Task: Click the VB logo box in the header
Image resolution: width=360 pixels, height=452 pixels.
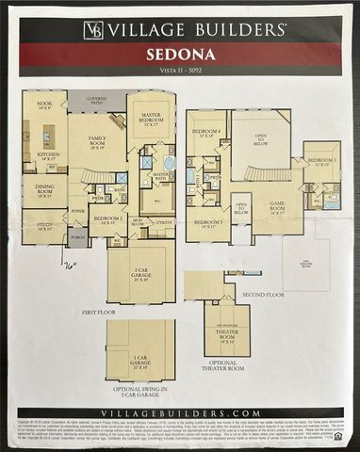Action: point(93,31)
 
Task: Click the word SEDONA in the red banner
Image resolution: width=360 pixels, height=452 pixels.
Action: point(179,55)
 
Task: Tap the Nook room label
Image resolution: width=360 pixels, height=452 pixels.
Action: point(43,105)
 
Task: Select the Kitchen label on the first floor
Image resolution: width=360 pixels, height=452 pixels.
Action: point(48,156)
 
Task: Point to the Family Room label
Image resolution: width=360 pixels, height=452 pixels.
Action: point(99,143)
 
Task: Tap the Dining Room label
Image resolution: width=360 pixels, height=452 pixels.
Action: point(45,189)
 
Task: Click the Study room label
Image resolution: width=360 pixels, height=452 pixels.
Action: point(43,224)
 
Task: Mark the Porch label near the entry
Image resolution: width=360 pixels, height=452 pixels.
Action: point(77,237)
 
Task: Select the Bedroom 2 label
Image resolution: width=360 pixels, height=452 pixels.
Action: point(107,220)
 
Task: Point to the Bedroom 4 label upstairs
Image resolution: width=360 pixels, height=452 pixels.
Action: point(208,133)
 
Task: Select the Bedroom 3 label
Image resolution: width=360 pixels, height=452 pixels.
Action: point(208,224)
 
